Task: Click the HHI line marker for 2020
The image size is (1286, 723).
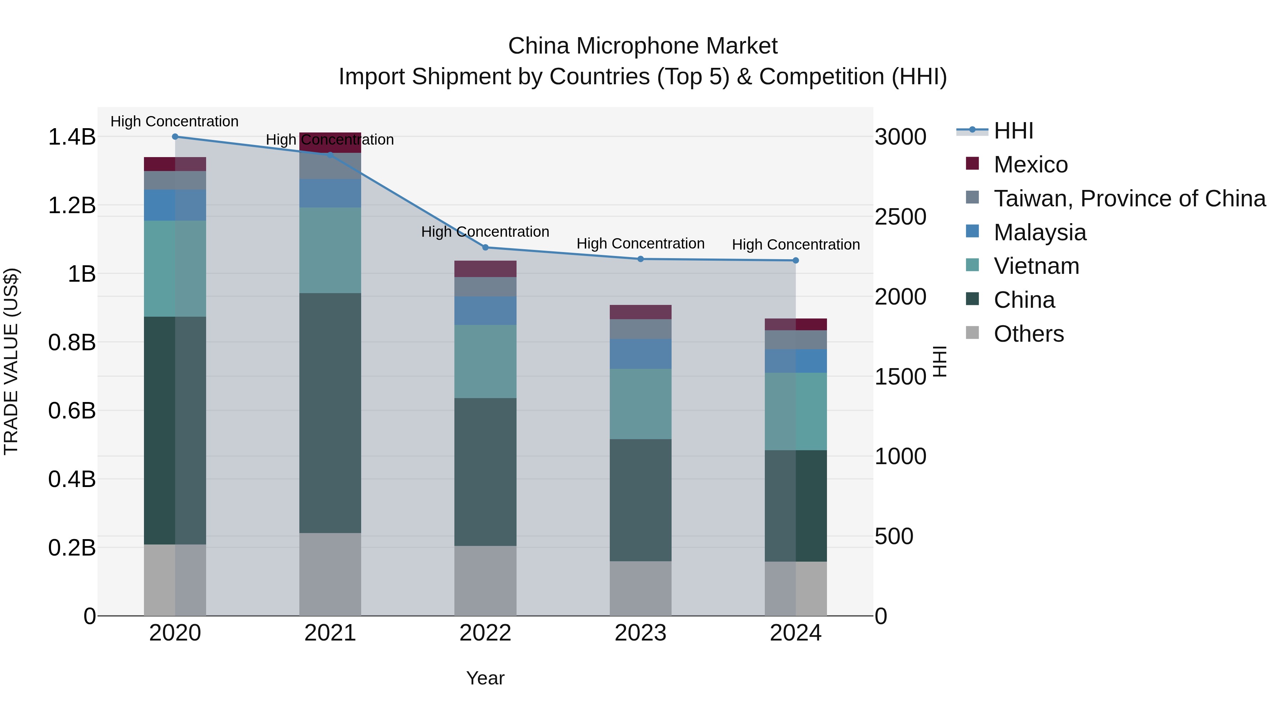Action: (x=175, y=136)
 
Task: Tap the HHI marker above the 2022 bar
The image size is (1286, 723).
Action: (x=485, y=247)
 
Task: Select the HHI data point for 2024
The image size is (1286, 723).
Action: (x=796, y=261)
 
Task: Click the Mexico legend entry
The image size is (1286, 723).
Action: (x=1030, y=165)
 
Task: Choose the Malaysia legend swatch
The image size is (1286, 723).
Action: (x=972, y=231)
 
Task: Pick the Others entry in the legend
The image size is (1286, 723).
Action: (x=1028, y=334)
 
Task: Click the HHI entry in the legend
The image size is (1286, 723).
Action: (x=1013, y=131)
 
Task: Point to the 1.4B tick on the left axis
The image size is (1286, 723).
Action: (x=71, y=137)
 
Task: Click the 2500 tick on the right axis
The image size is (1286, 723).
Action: (x=901, y=217)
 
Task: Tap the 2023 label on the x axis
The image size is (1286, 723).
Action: (x=640, y=633)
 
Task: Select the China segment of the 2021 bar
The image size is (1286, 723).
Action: (x=330, y=413)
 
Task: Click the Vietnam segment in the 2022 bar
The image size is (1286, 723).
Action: (x=485, y=361)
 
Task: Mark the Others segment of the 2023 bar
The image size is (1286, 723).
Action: (x=640, y=588)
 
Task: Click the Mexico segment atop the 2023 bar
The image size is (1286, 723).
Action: (x=640, y=312)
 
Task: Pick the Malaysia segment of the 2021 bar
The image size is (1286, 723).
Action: (x=330, y=193)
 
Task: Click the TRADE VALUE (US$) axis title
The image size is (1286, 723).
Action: (x=11, y=361)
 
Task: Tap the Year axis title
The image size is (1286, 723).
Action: (x=485, y=678)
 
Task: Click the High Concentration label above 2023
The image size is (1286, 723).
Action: (x=640, y=243)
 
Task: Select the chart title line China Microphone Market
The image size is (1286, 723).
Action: (x=643, y=46)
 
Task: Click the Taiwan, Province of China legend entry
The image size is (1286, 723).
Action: (x=1129, y=199)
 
